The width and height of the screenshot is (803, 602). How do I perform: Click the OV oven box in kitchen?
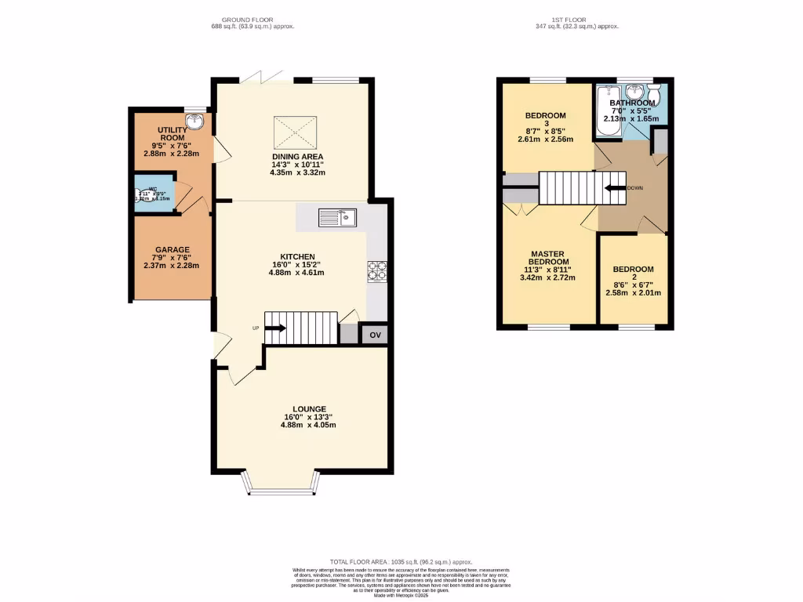(375, 335)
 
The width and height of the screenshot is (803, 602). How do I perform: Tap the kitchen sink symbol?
(337, 218)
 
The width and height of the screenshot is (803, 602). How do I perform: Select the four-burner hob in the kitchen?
(377, 270)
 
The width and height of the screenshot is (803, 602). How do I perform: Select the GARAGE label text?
(171, 250)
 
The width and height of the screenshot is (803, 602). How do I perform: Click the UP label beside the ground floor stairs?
(256, 328)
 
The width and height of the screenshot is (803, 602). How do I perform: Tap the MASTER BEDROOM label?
(549, 258)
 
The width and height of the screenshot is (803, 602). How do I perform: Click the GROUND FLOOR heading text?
(246, 19)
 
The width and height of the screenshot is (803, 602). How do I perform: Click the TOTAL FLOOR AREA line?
(402, 562)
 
